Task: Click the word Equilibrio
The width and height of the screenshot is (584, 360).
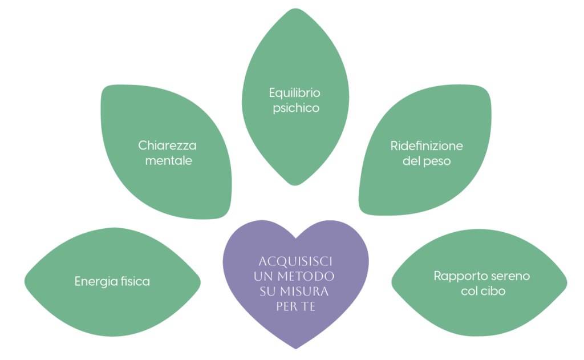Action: (x=294, y=92)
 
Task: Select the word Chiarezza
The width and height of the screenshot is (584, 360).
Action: (x=167, y=145)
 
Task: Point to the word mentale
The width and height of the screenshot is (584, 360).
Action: (x=168, y=160)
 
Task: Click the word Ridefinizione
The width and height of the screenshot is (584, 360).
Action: (x=427, y=145)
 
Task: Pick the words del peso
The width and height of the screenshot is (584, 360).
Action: (x=427, y=161)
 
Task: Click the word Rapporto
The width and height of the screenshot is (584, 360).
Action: (x=456, y=276)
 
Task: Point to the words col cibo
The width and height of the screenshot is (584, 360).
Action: (x=482, y=291)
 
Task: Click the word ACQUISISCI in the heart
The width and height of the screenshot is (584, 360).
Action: (x=295, y=261)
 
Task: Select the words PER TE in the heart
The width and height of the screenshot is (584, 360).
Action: (x=295, y=306)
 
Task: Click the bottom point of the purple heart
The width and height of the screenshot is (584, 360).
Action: (x=295, y=349)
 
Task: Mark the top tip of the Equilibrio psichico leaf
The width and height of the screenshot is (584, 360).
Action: (x=295, y=8)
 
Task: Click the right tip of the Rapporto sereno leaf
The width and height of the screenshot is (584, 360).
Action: (x=567, y=282)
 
